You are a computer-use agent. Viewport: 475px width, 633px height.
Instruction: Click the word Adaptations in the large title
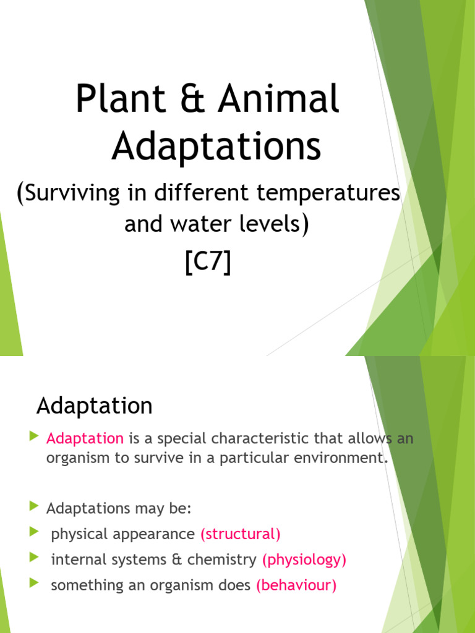click(x=216, y=148)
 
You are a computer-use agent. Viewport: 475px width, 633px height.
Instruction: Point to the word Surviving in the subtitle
click(x=75, y=194)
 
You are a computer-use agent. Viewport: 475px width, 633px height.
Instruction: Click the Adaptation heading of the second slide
click(x=94, y=406)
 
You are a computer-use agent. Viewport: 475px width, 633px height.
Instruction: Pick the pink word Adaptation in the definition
click(x=85, y=438)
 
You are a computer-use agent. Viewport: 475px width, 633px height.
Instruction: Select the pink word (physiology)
click(x=304, y=560)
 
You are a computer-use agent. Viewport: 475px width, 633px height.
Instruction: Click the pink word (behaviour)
click(x=296, y=586)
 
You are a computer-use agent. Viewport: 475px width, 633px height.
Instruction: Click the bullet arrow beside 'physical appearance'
click(x=33, y=532)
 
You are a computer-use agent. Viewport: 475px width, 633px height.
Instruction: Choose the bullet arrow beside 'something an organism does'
click(x=33, y=584)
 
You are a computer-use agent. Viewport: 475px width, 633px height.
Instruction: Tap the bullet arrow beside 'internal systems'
click(x=33, y=558)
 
